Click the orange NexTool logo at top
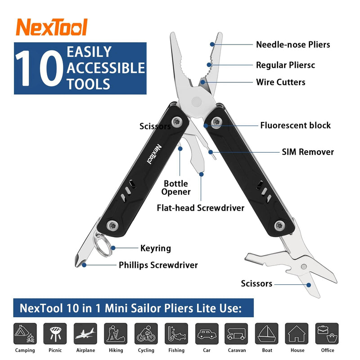click(x=51, y=27)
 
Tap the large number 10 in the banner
click(x=39, y=69)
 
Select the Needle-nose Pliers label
click(x=293, y=45)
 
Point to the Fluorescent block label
click(x=295, y=126)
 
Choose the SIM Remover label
click(x=308, y=152)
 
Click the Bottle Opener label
click(x=176, y=188)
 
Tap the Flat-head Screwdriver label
click(x=200, y=208)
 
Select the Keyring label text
click(x=156, y=248)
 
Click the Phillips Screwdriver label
click(x=158, y=265)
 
